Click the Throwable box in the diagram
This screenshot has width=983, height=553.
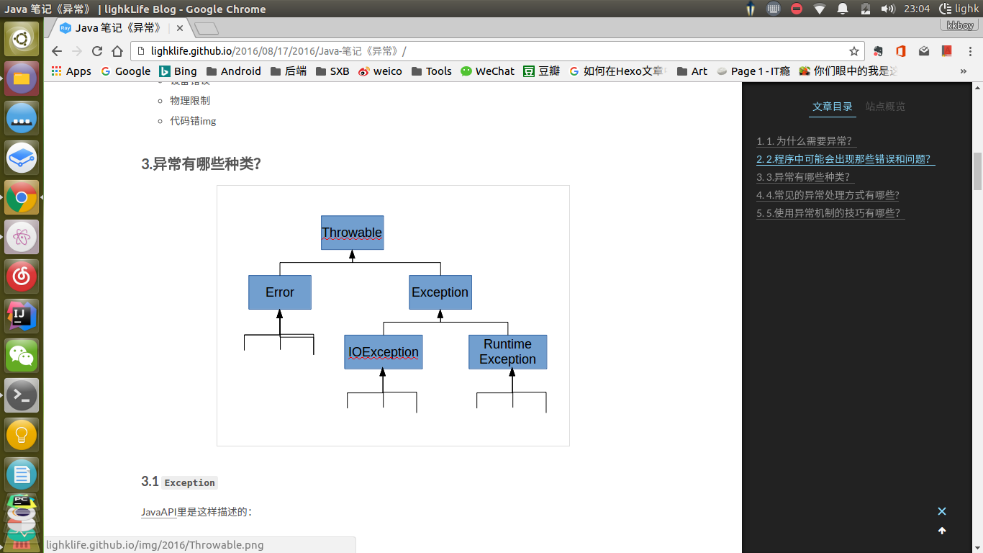[352, 233]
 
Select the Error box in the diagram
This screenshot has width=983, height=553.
[280, 292]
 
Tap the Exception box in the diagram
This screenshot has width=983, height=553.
[440, 292]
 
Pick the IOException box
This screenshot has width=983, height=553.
[384, 352]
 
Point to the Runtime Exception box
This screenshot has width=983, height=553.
[507, 352]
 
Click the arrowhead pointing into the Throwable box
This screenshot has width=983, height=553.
[352, 255]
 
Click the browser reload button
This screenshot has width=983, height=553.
[97, 51]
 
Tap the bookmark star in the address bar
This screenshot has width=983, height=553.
[854, 51]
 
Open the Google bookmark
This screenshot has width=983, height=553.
[126, 71]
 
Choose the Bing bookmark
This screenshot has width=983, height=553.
[178, 71]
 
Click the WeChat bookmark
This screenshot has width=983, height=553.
[487, 71]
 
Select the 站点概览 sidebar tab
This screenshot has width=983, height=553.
[885, 107]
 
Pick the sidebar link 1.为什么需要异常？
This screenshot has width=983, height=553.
[806, 141]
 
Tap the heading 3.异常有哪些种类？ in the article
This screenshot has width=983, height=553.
[201, 163]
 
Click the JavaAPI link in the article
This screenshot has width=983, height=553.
[158, 512]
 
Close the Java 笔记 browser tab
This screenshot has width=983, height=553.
[180, 28]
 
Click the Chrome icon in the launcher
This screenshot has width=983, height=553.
[22, 197]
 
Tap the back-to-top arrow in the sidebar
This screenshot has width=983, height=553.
[942, 531]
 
